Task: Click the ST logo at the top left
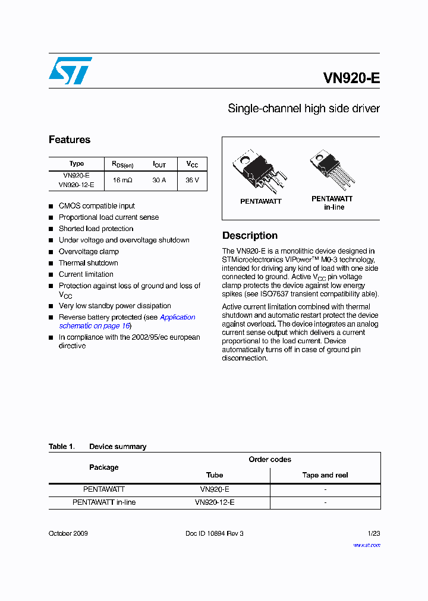[x=70, y=71]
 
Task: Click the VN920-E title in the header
[x=351, y=78]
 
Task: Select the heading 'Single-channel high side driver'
[x=304, y=109]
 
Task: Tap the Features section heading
[x=70, y=140]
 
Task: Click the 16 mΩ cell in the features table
[x=122, y=180]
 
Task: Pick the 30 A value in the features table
[x=159, y=180]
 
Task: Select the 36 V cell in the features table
[x=192, y=180]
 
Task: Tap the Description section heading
[x=250, y=235]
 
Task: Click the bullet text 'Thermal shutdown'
[x=88, y=263]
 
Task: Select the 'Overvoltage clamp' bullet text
[x=89, y=252]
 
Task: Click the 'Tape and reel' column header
[x=325, y=475]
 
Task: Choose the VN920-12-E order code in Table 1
[x=215, y=502]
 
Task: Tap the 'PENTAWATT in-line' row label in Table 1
[x=104, y=502]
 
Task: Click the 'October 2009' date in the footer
[x=68, y=533]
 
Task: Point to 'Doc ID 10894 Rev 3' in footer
[x=215, y=533]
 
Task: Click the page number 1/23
[x=372, y=533]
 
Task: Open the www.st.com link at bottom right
[x=367, y=545]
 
